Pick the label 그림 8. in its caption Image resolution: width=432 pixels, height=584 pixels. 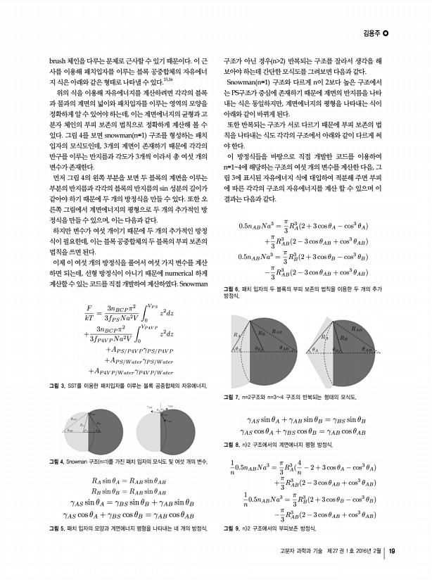232,445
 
